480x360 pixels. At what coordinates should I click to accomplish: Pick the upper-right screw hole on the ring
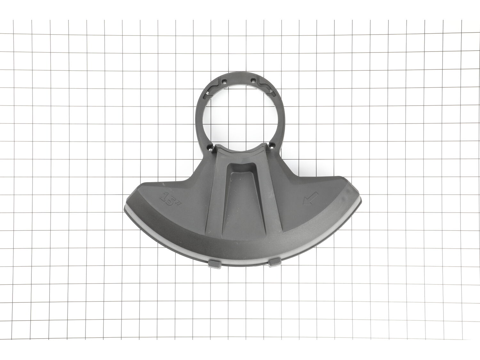click(253, 80)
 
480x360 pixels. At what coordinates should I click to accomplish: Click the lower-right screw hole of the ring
click(272, 145)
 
